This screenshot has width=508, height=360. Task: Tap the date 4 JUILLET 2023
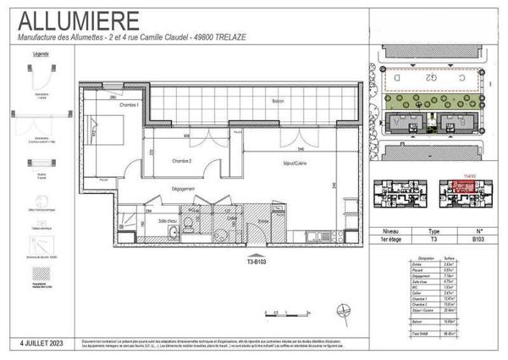[x=43, y=343]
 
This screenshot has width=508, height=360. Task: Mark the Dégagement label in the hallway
[x=182, y=188]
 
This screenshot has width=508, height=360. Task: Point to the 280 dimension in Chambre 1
[x=113, y=97]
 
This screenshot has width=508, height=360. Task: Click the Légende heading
[x=40, y=53]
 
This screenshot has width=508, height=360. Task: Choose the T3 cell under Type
[x=434, y=240]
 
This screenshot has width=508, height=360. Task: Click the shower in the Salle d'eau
[x=128, y=227]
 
